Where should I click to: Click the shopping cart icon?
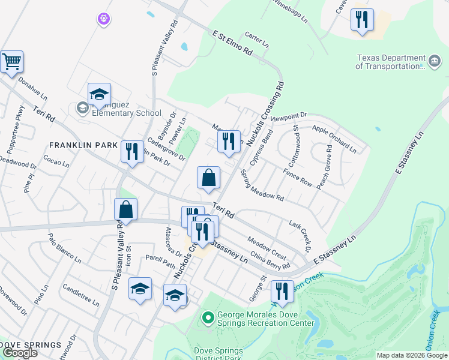11,61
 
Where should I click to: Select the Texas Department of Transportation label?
391,62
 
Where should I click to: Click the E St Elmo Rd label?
232,43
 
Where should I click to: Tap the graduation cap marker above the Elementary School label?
99,94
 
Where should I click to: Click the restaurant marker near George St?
282,292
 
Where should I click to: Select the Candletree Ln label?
80,293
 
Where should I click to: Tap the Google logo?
19,353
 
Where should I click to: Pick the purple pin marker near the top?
104,19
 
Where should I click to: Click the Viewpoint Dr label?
289,116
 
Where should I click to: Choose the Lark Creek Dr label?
300,235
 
